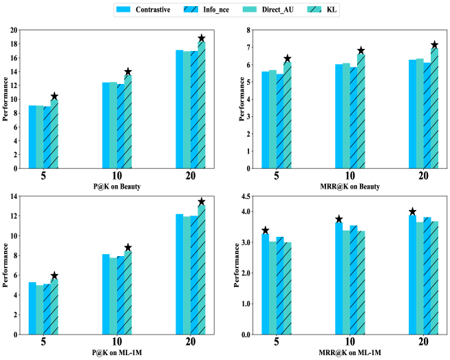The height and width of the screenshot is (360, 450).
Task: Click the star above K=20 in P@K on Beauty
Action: (202, 39)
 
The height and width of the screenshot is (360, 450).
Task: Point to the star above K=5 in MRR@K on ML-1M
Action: (266, 231)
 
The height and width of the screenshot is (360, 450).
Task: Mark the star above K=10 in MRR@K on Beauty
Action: (361, 51)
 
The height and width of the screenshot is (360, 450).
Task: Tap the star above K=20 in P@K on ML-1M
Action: (202, 202)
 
